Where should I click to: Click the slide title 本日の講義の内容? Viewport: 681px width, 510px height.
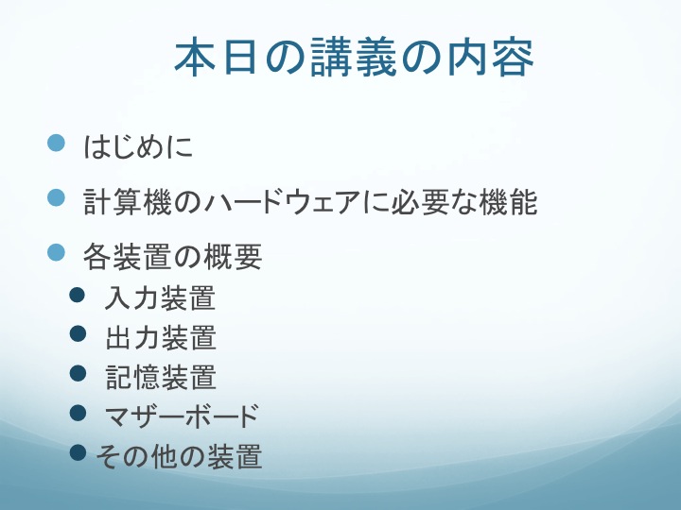pos(354,57)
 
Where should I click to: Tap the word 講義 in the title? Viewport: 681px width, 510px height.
pos(354,57)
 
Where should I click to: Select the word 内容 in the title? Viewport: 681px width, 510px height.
pos(491,58)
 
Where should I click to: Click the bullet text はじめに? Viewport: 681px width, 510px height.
pos(138,146)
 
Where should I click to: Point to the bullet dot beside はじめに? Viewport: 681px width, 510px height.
pos(56,143)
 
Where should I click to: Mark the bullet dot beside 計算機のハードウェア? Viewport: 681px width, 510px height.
pos(56,197)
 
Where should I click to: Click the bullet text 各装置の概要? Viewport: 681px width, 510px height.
pos(172,256)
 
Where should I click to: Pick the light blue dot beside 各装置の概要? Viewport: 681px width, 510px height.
pos(56,252)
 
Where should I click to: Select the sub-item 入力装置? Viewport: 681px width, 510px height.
pos(160,297)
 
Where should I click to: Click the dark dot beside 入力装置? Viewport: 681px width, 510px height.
pos(78,295)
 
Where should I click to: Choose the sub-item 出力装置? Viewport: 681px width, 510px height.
pos(161,337)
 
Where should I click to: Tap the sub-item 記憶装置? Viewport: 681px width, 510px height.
pos(161,377)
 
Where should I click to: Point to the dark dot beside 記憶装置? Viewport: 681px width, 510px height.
pos(78,373)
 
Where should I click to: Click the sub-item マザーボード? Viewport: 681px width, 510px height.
pos(182,416)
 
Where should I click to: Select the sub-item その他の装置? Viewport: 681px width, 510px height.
pos(179,456)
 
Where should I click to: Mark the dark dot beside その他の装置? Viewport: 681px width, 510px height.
pos(78,452)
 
